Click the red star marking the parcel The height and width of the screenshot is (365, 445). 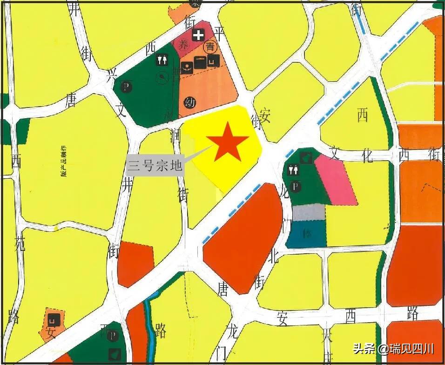(x=227, y=142)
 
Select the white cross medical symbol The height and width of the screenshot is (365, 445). (x=199, y=34)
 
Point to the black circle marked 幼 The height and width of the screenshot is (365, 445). (x=189, y=102)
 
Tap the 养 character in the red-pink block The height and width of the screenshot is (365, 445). (x=184, y=45)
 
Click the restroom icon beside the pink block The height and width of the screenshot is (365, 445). (x=293, y=170)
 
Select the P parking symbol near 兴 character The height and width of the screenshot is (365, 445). (x=127, y=86)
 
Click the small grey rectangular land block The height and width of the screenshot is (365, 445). (x=308, y=212)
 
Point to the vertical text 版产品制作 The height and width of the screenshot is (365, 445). (x=64, y=163)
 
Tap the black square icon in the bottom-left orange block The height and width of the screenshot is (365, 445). (x=53, y=320)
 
